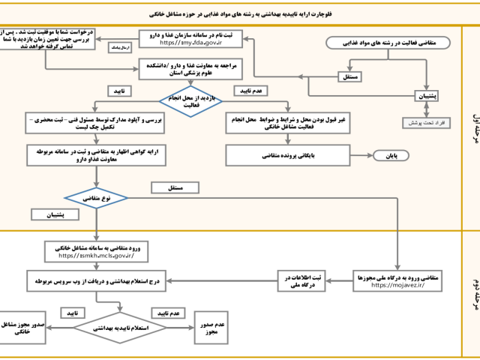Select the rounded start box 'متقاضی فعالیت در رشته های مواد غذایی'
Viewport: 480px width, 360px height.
[x=385, y=43]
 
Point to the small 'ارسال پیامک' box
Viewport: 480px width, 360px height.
[x=119, y=46]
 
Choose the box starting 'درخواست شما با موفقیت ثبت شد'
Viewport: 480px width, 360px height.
[x=48, y=40]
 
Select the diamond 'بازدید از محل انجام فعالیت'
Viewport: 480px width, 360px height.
[x=191, y=101]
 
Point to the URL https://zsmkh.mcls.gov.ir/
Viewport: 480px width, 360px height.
[x=96, y=255]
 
